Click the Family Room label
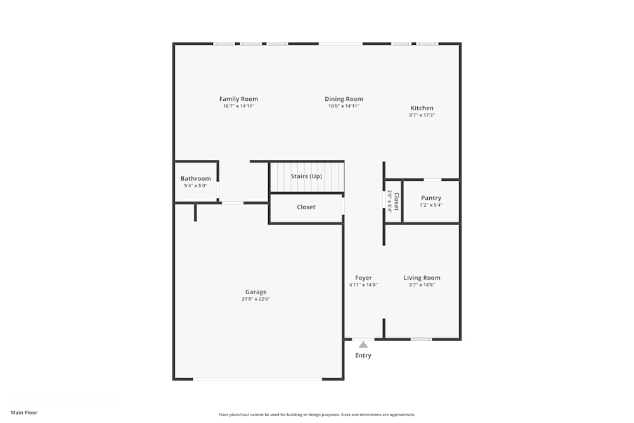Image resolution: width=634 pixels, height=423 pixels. coord(238,99)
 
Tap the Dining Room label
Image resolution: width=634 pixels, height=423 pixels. coord(344,99)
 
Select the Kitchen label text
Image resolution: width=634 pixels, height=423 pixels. coord(422,108)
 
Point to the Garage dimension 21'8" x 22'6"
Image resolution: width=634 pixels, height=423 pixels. coord(256,299)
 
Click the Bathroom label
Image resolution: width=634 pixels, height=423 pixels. coord(195,179)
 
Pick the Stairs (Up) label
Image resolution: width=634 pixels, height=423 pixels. coord(306,176)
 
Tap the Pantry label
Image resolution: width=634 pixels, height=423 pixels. coord(431,198)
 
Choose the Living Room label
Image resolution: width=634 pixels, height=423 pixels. coord(422,278)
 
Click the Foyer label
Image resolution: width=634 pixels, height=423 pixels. coord(363,278)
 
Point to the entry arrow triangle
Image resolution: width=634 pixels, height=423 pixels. coord(363,344)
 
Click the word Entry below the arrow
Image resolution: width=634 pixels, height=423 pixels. coord(363,356)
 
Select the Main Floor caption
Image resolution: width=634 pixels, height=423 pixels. coord(24,413)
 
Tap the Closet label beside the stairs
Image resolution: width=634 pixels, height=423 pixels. coord(306,207)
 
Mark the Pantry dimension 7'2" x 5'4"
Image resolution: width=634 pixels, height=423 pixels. coord(431,205)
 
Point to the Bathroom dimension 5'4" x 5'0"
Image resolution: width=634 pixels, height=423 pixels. coord(195,186)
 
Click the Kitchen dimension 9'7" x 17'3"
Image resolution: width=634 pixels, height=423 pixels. coord(422,115)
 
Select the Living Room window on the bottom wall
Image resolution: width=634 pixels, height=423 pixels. coord(421,339)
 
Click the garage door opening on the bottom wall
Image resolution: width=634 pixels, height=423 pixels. coord(257,379)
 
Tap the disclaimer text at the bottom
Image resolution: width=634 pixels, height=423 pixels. coord(317,415)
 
